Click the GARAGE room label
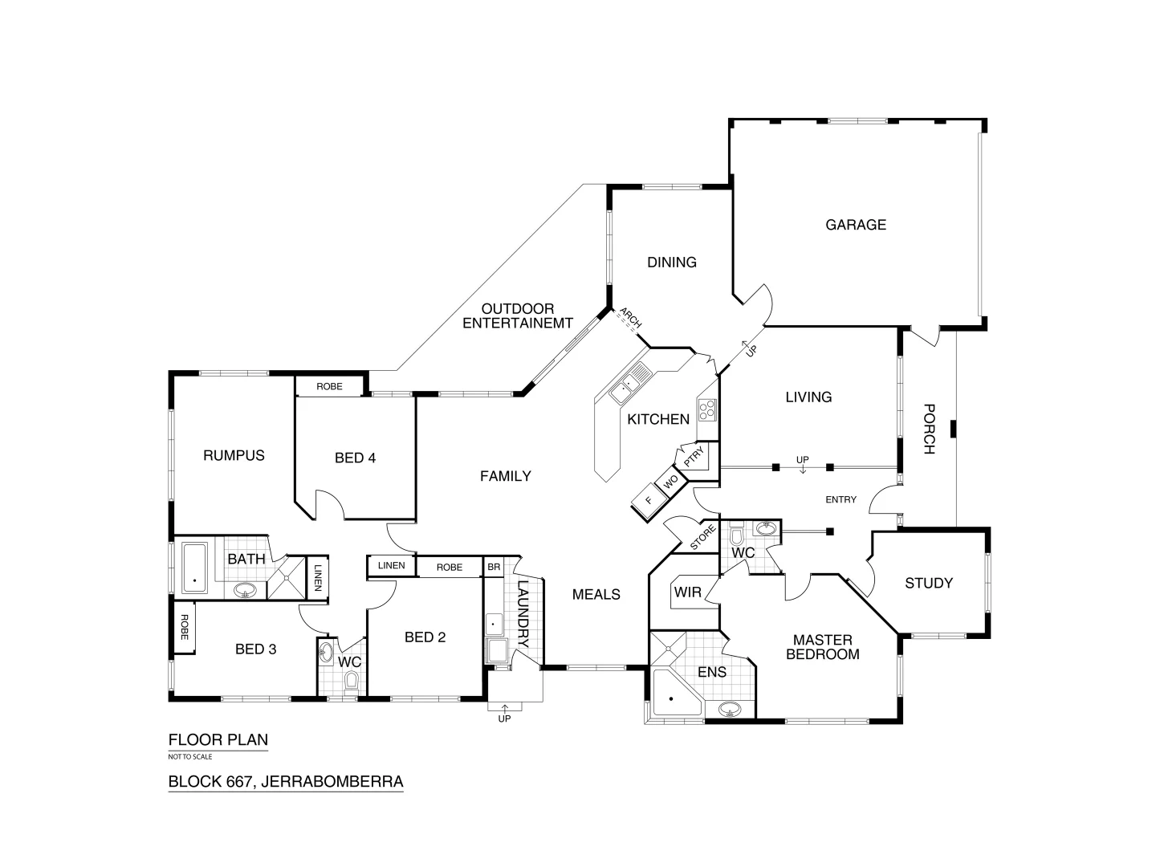tap(856, 225)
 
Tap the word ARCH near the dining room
tap(631, 319)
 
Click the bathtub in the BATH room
tap(194, 568)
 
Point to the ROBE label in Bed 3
tap(184, 626)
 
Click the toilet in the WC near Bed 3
tap(351, 682)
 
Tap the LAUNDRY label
tap(523, 614)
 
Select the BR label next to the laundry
tap(494, 567)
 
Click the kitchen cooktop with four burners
tap(707, 410)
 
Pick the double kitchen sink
tap(631, 382)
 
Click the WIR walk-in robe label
tap(687, 593)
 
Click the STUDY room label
tap(929, 584)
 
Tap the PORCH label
tap(929, 429)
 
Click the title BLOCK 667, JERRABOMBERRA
tap(285, 781)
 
